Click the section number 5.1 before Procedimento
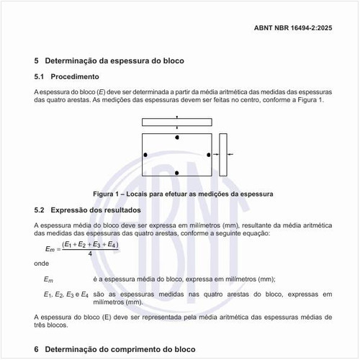click(40, 76)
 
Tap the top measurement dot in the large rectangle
click(177, 137)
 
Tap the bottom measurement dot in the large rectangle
click(177, 173)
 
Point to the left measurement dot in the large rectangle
click(145, 155)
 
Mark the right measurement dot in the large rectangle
click(209, 155)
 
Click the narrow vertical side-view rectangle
click(223, 155)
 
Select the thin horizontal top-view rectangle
click(176, 122)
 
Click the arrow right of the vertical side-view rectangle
click(232, 155)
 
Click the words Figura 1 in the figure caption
click(109, 194)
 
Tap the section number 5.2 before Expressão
click(40, 210)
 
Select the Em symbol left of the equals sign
click(50, 249)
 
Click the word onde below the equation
click(42, 264)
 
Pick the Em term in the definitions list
click(49, 279)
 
